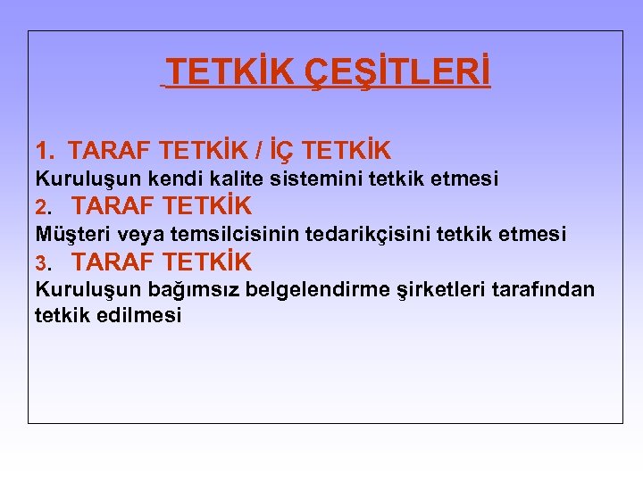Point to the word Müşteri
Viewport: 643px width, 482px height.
pos(69,235)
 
